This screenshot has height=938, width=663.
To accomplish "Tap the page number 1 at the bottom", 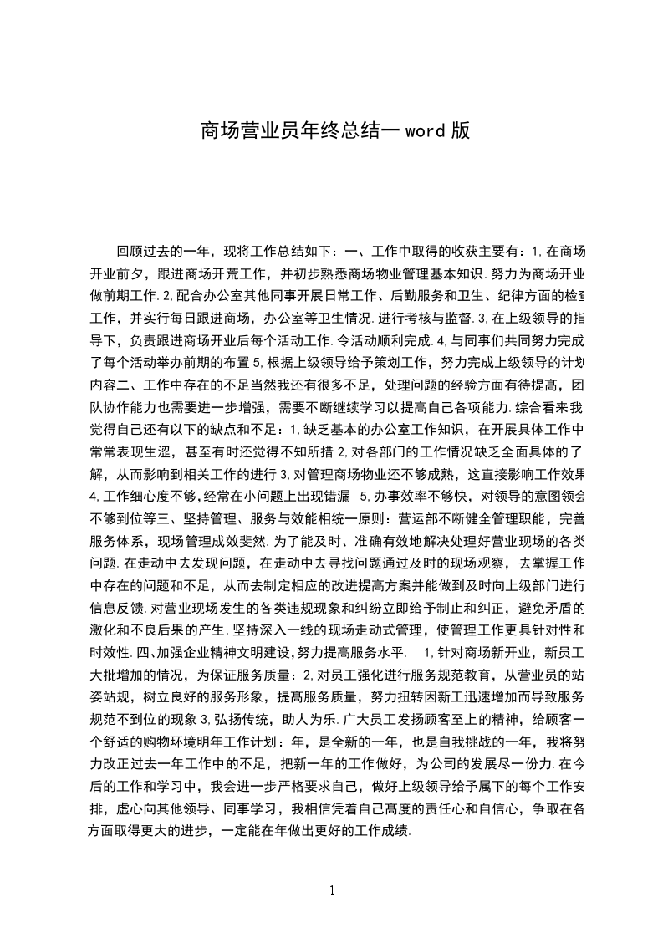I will pos(332,890).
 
